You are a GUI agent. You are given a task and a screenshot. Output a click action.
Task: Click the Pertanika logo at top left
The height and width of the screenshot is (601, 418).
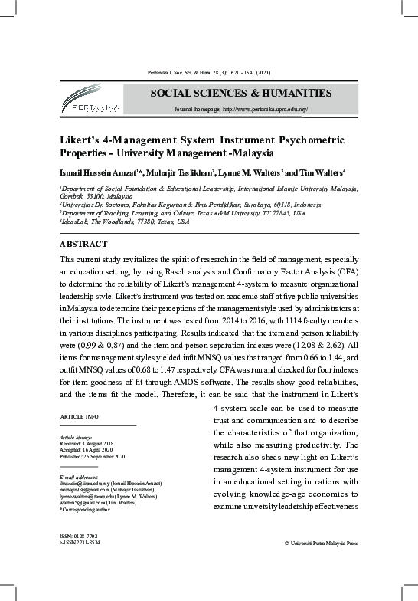(x=90, y=102)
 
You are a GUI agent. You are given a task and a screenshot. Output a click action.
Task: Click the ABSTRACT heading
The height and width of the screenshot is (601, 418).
(x=84, y=244)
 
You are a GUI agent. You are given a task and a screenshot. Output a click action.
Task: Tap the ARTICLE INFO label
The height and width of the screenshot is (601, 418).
(x=79, y=415)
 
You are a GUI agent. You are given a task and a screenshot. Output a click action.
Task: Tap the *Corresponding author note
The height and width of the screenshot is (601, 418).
(x=86, y=510)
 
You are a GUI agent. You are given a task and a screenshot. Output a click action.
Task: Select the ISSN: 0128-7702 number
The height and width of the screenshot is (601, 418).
(x=79, y=535)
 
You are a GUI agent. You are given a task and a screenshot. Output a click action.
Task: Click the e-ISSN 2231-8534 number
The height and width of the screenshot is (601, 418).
(x=80, y=542)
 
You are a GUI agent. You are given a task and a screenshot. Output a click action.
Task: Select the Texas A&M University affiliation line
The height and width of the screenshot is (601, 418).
(x=182, y=214)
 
